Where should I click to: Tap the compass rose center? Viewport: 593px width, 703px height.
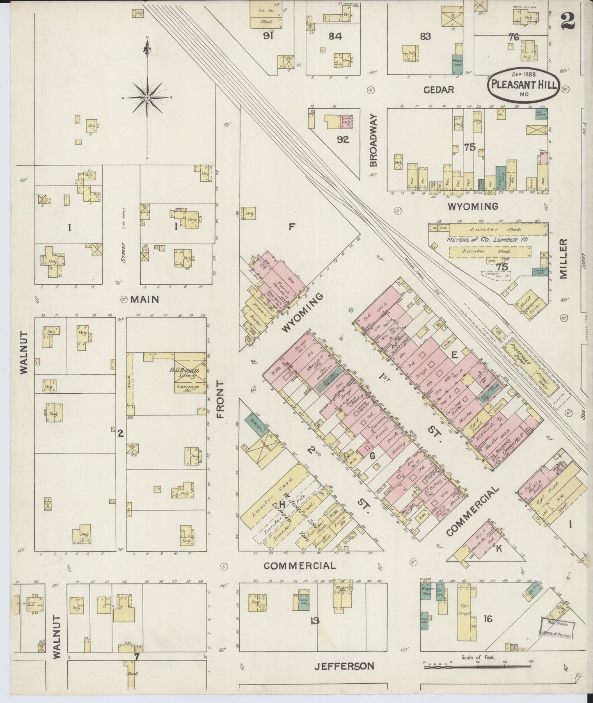point(147,98)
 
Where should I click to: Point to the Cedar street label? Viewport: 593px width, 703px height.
point(438,89)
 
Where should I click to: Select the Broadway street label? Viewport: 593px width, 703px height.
point(373,140)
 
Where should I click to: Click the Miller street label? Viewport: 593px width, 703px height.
point(563,259)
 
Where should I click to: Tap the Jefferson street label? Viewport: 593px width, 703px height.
point(344,666)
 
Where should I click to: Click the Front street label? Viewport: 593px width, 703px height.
point(221,399)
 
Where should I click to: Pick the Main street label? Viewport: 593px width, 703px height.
point(144,299)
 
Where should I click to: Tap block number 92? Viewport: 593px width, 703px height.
point(343,139)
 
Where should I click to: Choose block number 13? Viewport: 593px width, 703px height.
point(314,621)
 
